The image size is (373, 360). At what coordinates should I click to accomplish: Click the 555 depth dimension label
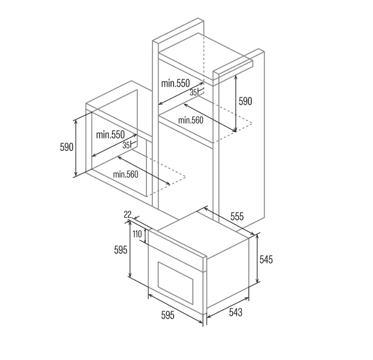[237, 216]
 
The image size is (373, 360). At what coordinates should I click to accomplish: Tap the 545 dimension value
[266, 259]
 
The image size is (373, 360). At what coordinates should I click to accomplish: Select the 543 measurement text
[235, 312]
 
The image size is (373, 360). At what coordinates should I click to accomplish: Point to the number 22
[127, 215]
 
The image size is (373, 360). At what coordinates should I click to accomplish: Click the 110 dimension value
[137, 234]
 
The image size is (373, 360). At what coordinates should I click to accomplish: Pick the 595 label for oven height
[121, 250]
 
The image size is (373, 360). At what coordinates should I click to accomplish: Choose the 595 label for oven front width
[168, 315]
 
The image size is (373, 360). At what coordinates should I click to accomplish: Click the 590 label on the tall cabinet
[245, 101]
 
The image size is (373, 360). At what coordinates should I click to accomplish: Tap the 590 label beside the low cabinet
[67, 147]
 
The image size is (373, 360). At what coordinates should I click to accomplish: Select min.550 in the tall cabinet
[176, 83]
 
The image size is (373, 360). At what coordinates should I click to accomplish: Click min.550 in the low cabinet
[110, 135]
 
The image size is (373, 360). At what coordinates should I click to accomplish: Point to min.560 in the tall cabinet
[191, 120]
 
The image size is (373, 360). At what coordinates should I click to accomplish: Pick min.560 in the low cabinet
[125, 174]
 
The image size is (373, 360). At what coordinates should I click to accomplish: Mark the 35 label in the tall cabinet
[193, 93]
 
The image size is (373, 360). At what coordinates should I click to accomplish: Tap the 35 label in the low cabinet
[126, 145]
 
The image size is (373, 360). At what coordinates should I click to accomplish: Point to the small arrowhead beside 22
[136, 218]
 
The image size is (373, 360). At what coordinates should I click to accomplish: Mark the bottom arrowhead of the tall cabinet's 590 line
[235, 130]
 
